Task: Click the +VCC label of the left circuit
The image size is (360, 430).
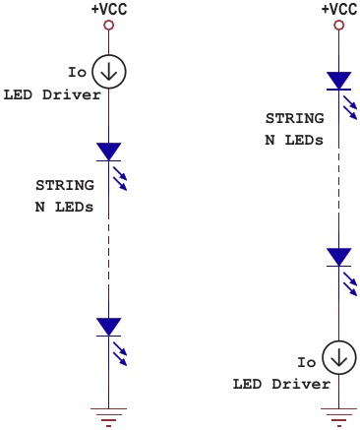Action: (x=109, y=9)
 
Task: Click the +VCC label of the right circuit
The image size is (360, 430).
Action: (x=339, y=9)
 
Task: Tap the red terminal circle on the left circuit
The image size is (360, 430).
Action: (x=109, y=26)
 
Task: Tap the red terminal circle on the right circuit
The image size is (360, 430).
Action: (x=339, y=26)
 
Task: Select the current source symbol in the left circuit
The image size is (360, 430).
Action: (x=109, y=72)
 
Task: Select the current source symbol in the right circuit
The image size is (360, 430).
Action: (x=339, y=357)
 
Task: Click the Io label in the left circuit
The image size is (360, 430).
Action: (x=77, y=72)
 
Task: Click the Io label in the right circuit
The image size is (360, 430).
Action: (x=307, y=362)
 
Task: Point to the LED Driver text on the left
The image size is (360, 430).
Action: (x=52, y=94)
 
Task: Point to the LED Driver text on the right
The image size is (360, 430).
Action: (x=281, y=384)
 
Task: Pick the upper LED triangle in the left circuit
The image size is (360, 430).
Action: (x=109, y=152)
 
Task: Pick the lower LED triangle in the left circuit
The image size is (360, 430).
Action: (x=109, y=327)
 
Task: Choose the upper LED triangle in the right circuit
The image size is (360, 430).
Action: (x=339, y=81)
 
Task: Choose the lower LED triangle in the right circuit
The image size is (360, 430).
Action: (x=339, y=257)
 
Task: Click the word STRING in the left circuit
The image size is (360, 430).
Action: (x=65, y=185)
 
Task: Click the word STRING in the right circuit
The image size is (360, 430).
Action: (x=295, y=118)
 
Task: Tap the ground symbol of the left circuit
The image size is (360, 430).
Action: (x=109, y=417)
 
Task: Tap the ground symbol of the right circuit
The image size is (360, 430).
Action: (x=339, y=417)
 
